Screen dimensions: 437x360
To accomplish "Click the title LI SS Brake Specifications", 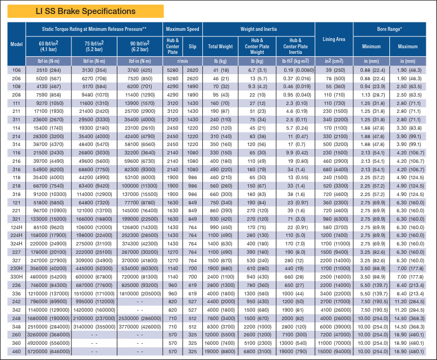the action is tap(85, 11).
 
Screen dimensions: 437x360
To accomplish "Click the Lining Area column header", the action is tap(334, 39).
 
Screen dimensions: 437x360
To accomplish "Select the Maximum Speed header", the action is tap(183, 29).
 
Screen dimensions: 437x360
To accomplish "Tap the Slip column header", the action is tap(193, 47).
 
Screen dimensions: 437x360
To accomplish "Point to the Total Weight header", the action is tap(220, 47).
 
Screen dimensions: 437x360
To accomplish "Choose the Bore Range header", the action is tap(389, 29).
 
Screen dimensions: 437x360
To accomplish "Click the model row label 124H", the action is tap(16, 227).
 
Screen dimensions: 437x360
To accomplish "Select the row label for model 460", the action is tap(16, 352).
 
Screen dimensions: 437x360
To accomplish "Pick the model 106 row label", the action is tap(16, 70).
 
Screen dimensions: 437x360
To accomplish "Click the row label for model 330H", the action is tap(16, 277).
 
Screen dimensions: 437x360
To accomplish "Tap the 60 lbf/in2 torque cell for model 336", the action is tap(48, 294).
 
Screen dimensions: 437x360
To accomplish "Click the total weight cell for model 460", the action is tap(220, 352).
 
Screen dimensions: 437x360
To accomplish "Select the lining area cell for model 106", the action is tap(334, 70).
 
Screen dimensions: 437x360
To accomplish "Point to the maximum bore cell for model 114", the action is tap(408, 128).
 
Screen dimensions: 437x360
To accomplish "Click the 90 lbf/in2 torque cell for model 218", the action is tap(140, 186).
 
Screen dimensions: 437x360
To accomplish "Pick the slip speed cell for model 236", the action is tap(193, 285).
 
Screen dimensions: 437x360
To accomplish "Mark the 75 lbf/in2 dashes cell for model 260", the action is tap(94, 335).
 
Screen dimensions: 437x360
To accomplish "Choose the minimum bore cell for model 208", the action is tap(371, 95).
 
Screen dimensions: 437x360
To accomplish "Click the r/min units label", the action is tap(183, 61).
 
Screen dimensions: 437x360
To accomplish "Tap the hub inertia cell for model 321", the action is tap(295, 219).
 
